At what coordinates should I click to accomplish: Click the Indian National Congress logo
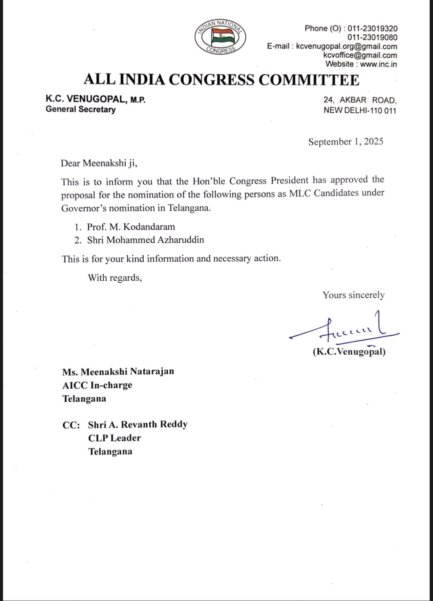pyautogui.click(x=220, y=36)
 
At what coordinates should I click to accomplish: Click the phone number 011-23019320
pyautogui.click(x=372, y=28)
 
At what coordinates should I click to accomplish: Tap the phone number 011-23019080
pyautogui.click(x=372, y=37)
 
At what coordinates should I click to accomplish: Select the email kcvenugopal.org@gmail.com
pyautogui.click(x=346, y=46)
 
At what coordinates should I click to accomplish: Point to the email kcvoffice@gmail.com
pyautogui.click(x=360, y=55)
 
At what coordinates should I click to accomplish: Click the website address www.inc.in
pyautogui.click(x=378, y=64)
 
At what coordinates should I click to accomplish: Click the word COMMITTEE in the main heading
pyautogui.click(x=309, y=80)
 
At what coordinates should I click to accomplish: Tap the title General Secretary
pyautogui.click(x=80, y=109)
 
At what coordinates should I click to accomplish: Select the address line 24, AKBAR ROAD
pyautogui.click(x=360, y=100)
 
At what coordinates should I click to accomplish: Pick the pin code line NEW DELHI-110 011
pyautogui.click(x=360, y=110)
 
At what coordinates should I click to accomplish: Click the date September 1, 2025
pyautogui.click(x=346, y=141)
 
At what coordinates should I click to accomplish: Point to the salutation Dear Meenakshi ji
pyautogui.click(x=99, y=163)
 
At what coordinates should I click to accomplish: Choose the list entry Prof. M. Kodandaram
pyautogui.click(x=131, y=227)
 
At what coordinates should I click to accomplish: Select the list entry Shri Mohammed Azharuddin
pyautogui.click(x=145, y=240)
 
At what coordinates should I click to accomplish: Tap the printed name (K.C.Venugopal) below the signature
pyautogui.click(x=349, y=352)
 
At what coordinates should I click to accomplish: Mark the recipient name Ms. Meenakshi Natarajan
pyautogui.click(x=118, y=371)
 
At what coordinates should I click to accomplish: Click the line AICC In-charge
pyautogui.click(x=97, y=385)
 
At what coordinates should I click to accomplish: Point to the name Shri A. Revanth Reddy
pyautogui.click(x=138, y=424)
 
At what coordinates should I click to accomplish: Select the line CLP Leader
pyautogui.click(x=114, y=438)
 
